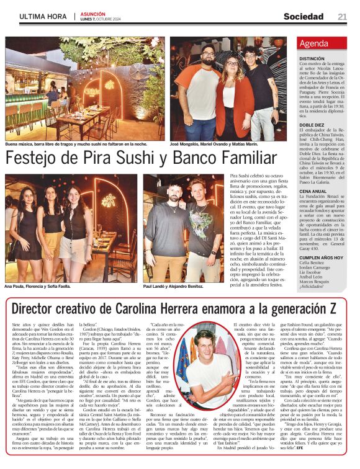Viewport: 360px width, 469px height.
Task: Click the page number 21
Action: point(342,16)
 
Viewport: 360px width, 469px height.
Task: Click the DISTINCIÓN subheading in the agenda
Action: point(313,58)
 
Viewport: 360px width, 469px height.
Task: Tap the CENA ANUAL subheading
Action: point(312,191)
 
